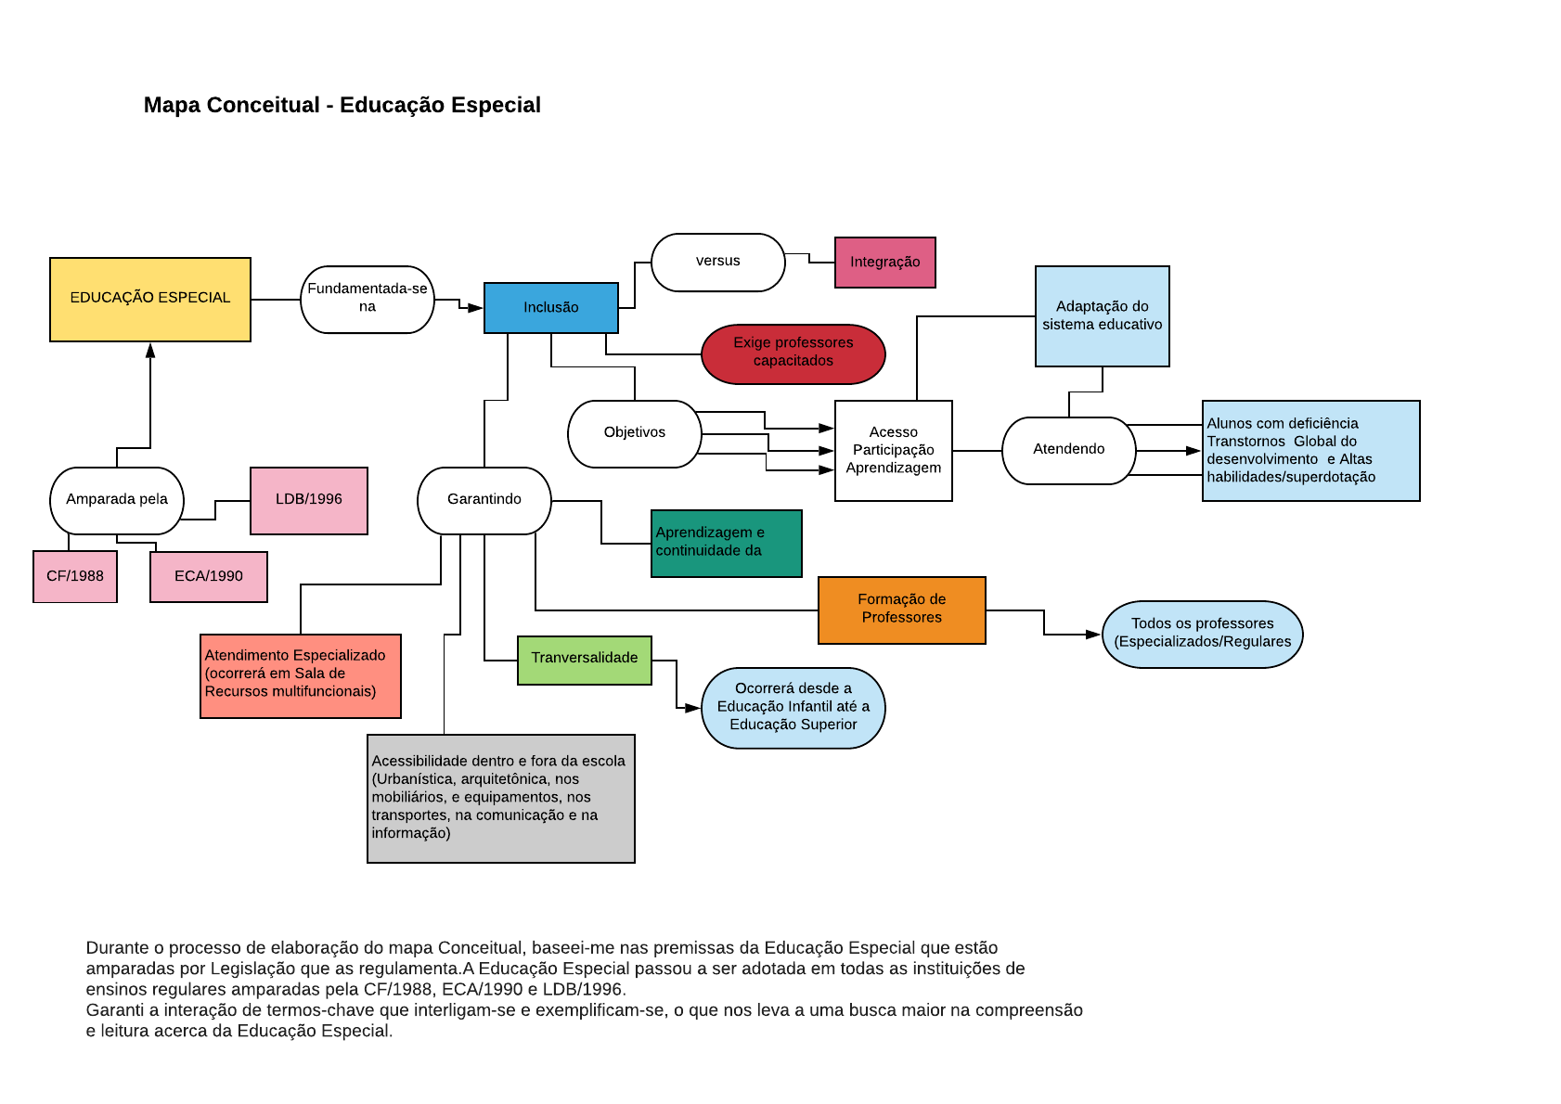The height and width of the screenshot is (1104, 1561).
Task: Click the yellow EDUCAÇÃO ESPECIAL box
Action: [150, 299]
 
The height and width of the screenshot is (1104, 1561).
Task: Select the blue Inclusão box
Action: [550, 307]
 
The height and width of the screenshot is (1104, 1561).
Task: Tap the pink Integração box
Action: [884, 263]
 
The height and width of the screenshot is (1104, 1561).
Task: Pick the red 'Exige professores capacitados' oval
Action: [793, 353]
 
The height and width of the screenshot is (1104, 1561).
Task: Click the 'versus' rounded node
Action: [717, 262]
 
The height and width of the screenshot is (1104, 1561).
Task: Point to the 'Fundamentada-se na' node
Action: [368, 299]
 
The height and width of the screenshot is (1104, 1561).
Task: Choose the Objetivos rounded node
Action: [634, 433]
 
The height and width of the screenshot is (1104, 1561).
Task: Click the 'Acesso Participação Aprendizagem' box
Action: [893, 450]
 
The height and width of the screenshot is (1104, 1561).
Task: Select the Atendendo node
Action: [1068, 450]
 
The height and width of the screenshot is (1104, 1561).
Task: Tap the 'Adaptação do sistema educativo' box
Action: [1102, 316]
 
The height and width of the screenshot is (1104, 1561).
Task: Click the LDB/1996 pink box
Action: [308, 500]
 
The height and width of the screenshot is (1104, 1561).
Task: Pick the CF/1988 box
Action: [75, 576]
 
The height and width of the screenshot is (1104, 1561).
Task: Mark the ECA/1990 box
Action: [208, 576]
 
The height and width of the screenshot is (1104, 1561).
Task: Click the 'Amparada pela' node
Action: [117, 500]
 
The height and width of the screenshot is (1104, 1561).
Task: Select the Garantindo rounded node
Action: [484, 500]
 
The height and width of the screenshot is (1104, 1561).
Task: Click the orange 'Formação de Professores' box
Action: [901, 610]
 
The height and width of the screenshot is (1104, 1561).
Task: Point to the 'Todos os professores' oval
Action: [1202, 634]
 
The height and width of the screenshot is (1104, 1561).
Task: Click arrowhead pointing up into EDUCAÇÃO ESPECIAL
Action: [150, 350]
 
